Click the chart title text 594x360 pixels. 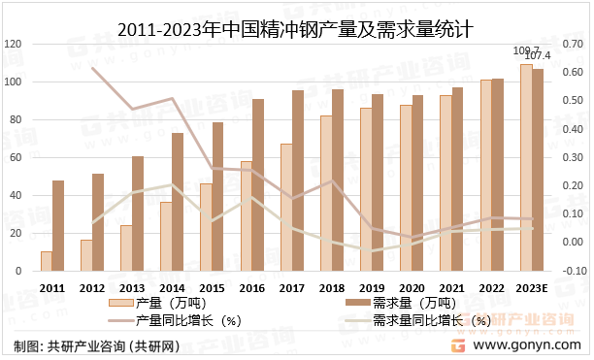296,29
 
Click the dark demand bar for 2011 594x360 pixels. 58,225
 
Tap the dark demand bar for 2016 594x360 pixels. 258,184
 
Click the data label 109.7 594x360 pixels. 525,49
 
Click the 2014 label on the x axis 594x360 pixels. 173,288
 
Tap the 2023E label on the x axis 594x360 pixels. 532,288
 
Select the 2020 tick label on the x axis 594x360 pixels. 412,288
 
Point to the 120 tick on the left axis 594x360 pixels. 13,45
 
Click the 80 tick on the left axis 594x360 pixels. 15,120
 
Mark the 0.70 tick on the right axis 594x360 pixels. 575,45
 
